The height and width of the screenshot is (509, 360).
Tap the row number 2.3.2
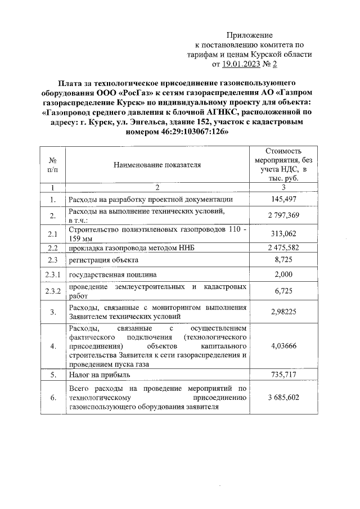tap(52, 291)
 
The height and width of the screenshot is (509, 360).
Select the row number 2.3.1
tap(52, 274)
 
